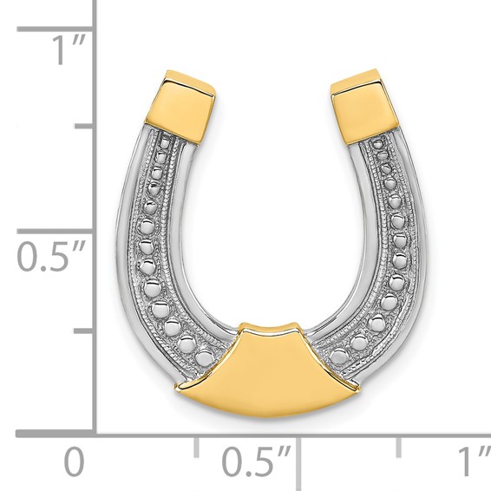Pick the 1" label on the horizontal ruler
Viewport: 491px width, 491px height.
click(x=471, y=460)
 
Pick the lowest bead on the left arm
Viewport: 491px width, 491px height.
click(x=205, y=357)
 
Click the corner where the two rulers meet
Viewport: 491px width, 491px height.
click(x=94, y=431)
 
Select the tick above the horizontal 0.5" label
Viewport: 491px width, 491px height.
click(x=297, y=444)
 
